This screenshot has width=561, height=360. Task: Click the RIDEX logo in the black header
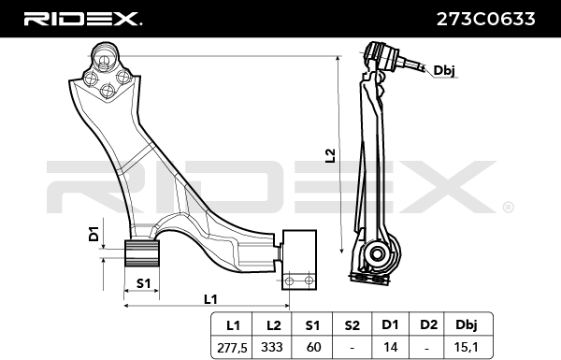click(82, 19)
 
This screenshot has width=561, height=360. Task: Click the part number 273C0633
click(485, 19)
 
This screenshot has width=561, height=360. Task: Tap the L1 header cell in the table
click(233, 325)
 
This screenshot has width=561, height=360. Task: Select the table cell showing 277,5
click(232, 348)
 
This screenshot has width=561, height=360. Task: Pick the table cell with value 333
click(272, 347)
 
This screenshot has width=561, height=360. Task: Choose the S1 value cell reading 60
click(312, 347)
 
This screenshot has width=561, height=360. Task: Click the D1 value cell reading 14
click(390, 347)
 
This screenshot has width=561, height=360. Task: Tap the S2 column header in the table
click(352, 325)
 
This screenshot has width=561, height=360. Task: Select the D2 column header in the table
click(428, 324)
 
